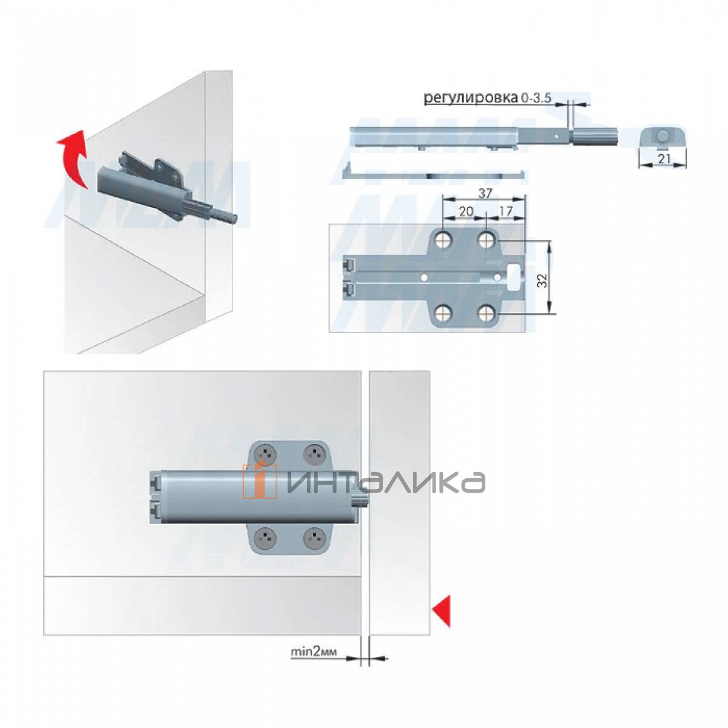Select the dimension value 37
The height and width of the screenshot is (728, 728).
tap(485, 193)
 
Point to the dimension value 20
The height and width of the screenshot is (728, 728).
tap(466, 212)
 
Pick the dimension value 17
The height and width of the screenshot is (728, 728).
tap(506, 212)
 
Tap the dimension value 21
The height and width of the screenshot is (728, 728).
tap(663, 159)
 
